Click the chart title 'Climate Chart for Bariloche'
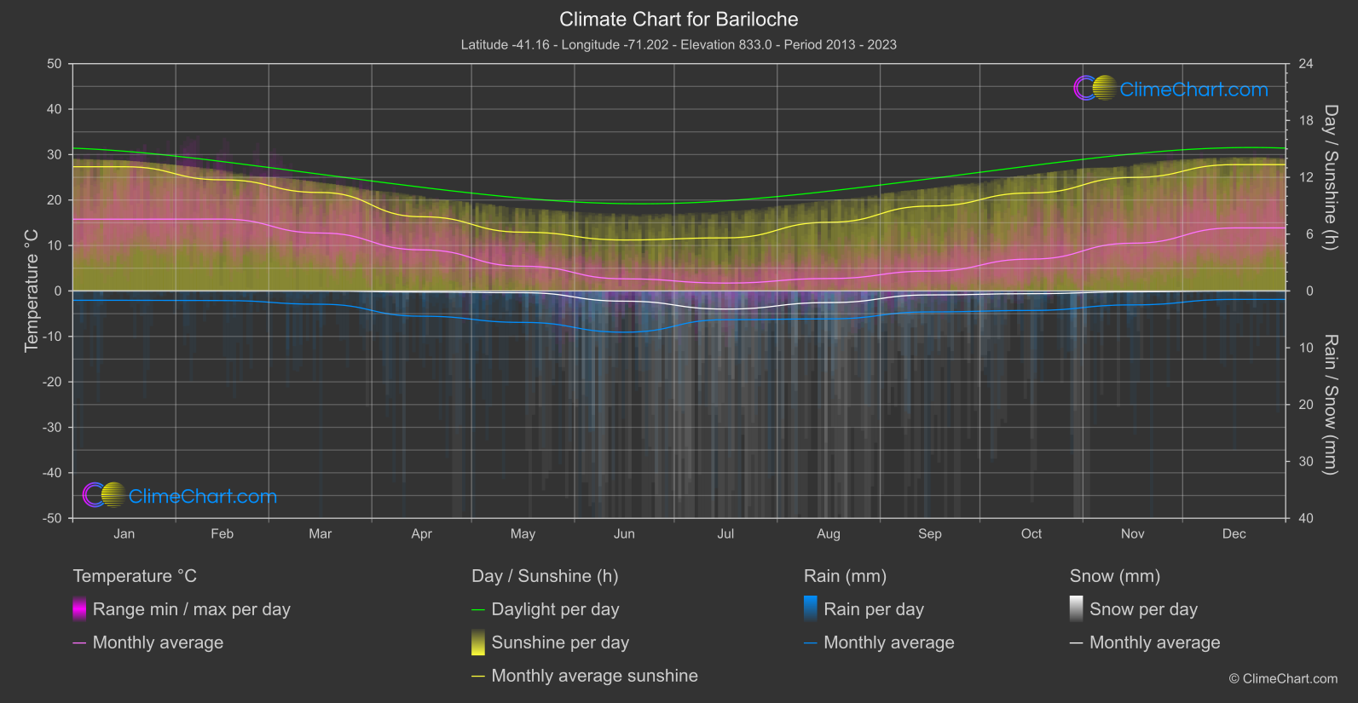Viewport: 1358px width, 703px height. (x=679, y=20)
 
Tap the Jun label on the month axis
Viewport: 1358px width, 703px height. (x=624, y=534)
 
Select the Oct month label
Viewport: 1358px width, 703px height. (x=1031, y=534)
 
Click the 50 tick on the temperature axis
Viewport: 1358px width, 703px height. (x=55, y=64)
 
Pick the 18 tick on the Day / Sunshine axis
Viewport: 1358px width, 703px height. (x=1306, y=121)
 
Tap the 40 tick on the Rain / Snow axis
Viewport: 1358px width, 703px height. (x=1306, y=518)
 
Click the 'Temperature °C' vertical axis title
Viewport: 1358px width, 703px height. (x=32, y=291)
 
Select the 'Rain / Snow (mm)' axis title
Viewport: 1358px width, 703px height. (x=1330, y=405)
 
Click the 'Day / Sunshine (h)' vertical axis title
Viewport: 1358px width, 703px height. (x=1330, y=177)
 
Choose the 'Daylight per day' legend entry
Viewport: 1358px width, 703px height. (x=555, y=609)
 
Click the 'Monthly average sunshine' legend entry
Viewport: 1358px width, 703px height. (x=594, y=676)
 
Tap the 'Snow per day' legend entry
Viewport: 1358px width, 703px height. (x=1143, y=609)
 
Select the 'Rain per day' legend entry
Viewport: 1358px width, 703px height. (x=873, y=609)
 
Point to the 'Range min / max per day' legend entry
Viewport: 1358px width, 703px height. (x=191, y=609)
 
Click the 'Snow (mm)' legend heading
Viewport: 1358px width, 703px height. (x=1114, y=576)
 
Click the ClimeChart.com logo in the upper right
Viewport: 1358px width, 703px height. (x=1170, y=89)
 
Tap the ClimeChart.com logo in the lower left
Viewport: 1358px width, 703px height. (x=180, y=496)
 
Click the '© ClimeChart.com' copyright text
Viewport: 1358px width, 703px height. (x=1283, y=679)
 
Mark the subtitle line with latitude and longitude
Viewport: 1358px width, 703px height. (x=679, y=44)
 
